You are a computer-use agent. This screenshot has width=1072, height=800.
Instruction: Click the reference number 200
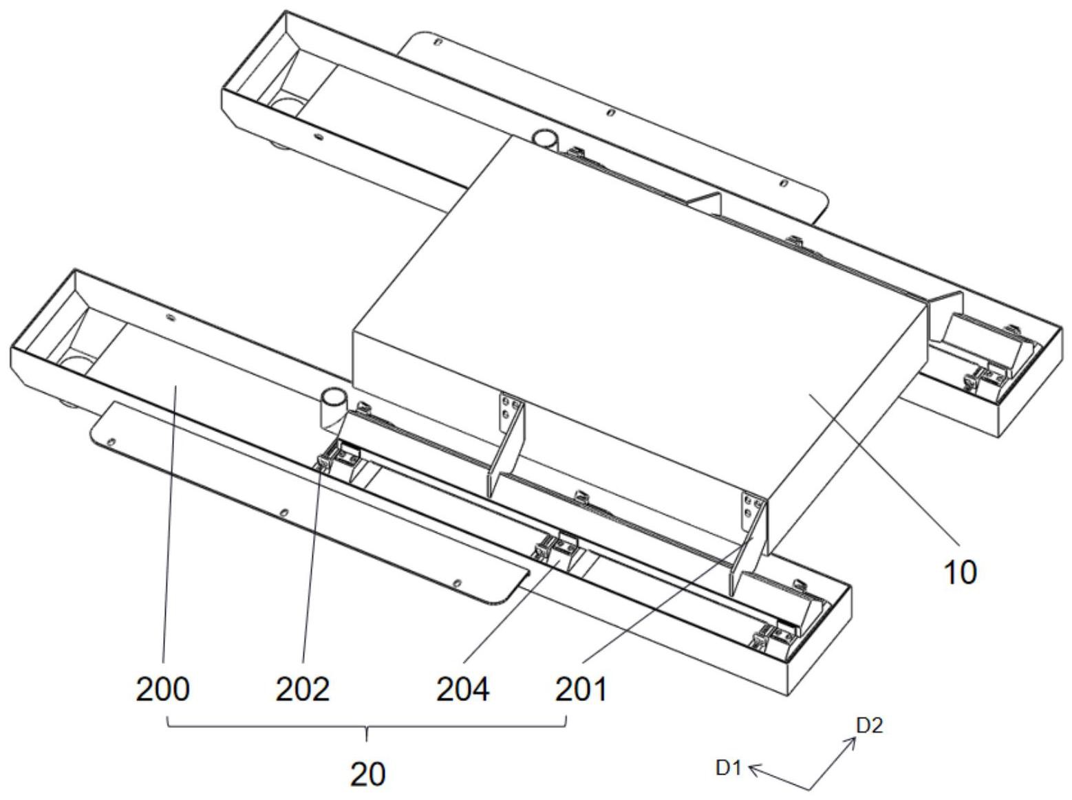point(162,689)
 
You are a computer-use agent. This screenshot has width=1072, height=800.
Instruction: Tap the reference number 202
point(302,689)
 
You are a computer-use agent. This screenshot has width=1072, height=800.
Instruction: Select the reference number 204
point(462,689)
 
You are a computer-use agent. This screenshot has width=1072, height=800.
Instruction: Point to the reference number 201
point(581,689)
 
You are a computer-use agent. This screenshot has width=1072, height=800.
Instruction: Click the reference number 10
point(960,572)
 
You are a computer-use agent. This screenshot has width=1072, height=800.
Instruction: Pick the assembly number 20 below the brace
point(367,775)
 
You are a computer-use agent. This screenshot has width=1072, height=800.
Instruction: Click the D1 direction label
point(728,768)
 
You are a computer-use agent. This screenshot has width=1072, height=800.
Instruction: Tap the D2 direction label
point(868,726)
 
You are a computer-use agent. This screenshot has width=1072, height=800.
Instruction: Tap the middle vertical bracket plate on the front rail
point(508,447)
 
